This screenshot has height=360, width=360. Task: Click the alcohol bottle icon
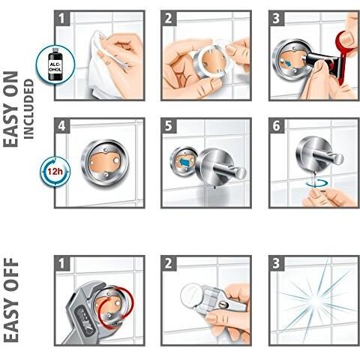tap(55, 63)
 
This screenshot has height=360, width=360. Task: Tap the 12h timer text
tap(55, 172)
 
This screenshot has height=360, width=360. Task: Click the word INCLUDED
tap(28, 109)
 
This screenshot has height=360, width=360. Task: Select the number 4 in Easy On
tap(61, 125)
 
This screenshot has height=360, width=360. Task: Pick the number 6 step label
tap(277, 125)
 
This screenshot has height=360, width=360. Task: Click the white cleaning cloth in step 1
tap(105, 67)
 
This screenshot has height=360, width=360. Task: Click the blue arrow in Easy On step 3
tap(287, 64)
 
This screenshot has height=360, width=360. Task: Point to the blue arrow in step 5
tap(184, 163)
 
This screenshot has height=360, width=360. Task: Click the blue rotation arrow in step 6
tap(318, 183)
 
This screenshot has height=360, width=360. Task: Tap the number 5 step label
tap(169, 125)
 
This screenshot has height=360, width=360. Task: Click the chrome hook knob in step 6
tap(338, 159)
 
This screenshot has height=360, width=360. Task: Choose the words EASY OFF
tap(11, 300)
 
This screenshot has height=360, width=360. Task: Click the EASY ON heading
tap(11, 109)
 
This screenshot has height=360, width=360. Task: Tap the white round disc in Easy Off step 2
tap(192, 293)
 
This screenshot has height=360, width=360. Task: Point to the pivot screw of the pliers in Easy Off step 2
tap(224, 304)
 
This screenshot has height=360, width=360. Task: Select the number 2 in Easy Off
tap(169, 263)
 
